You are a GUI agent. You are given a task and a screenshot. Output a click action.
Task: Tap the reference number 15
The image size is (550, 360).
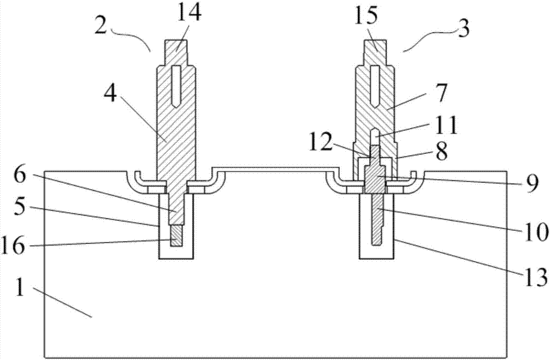[x=367, y=16]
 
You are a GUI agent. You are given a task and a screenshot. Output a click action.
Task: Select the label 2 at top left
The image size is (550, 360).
[x=101, y=26]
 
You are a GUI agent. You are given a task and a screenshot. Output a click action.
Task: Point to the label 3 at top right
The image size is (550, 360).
[x=464, y=29]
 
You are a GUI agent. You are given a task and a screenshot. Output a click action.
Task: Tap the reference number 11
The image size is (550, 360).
[x=447, y=125]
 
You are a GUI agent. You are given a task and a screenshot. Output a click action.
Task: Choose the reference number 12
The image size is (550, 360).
[x=321, y=142]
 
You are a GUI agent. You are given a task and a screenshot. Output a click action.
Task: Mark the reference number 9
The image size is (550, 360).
[x=532, y=184]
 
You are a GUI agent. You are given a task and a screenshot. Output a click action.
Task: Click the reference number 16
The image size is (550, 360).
[x=13, y=245]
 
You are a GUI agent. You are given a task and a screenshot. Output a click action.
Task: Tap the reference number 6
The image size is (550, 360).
[x=20, y=176]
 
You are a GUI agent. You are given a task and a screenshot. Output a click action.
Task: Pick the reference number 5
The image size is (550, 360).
[x=19, y=208]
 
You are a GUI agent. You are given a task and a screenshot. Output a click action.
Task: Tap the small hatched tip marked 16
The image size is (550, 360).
[x=177, y=236]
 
